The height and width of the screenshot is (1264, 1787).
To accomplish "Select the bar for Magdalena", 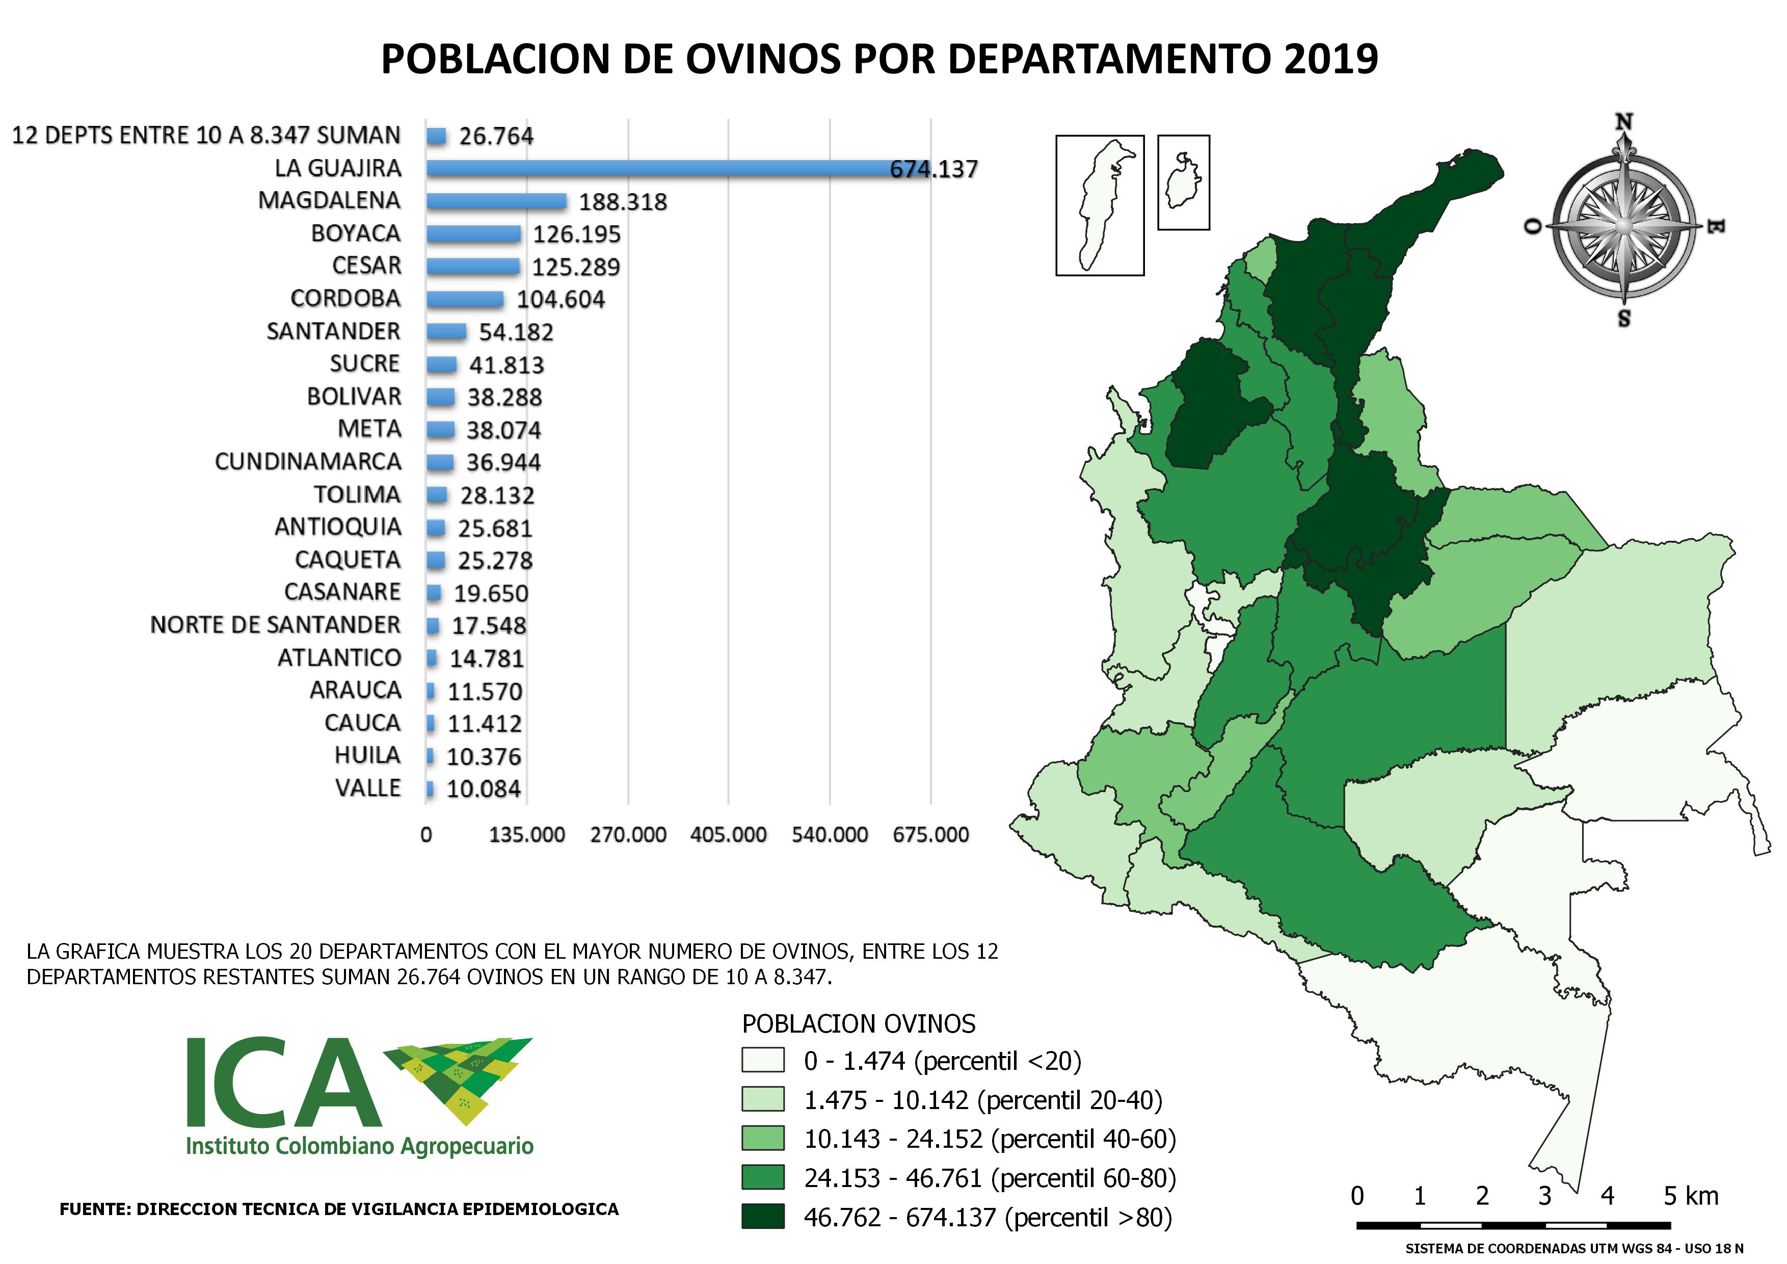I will [x=497, y=201].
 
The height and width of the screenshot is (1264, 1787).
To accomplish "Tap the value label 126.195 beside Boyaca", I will [x=577, y=234].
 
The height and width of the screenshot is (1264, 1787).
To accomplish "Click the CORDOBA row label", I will [x=345, y=299].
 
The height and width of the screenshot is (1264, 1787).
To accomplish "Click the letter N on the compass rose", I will [x=1623, y=123].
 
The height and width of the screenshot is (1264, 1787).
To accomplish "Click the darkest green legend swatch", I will [x=763, y=1217].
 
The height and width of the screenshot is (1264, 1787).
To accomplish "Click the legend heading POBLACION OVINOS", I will [x=859, y=1023].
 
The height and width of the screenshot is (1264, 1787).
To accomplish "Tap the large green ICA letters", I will [x=284, y=1084].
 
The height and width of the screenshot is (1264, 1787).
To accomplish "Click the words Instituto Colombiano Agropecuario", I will [x=360, y=1146].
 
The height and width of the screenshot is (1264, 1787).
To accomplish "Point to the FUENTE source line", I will [x=339, y=1209].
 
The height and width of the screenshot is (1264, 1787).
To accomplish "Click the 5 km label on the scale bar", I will [x=1691, y=1196].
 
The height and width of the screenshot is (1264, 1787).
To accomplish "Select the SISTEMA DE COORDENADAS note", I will [x=1573, y=1248].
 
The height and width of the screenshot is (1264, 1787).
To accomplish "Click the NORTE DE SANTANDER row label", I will [x=276, y=625].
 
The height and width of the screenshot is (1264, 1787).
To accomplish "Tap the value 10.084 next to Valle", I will [x=484, y=789].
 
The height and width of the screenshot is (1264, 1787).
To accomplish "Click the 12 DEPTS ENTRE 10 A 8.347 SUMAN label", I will [x=206, y=136].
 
